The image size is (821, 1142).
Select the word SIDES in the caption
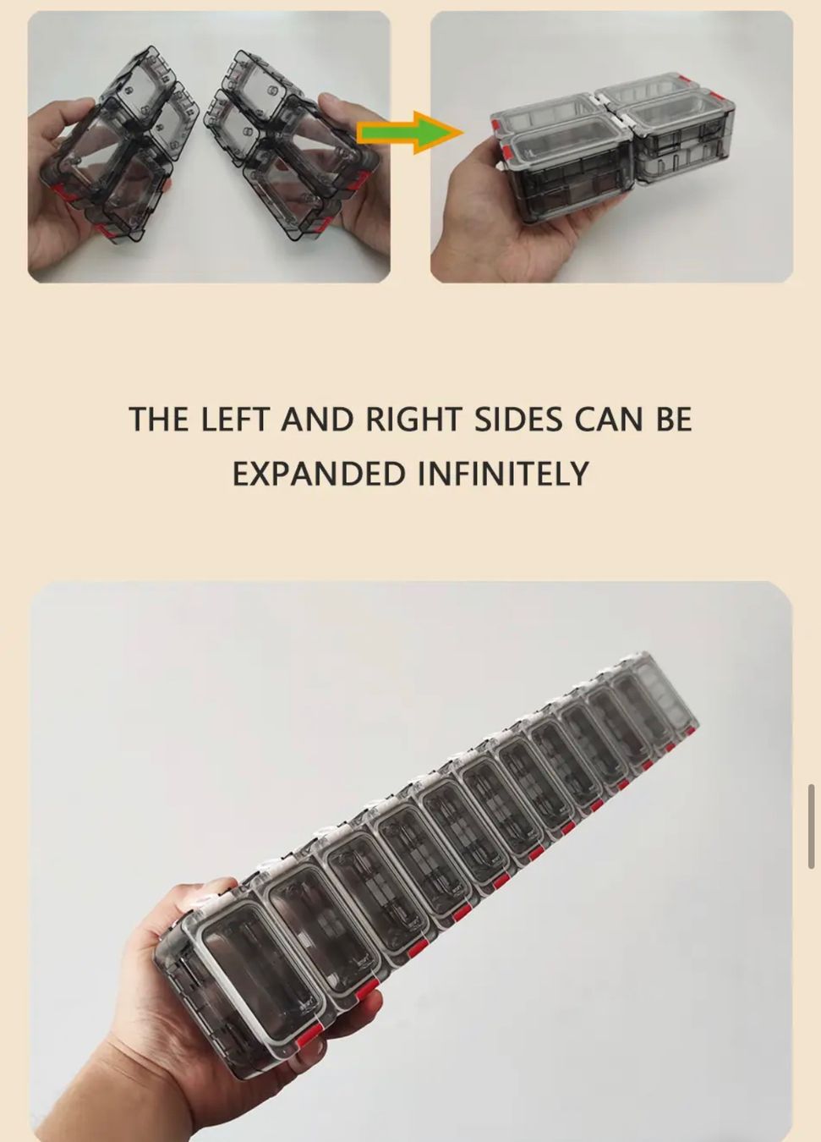click(518, 419)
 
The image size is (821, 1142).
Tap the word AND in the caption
click(316, 419)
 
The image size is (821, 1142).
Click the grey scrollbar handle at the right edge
click(812, 826)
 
